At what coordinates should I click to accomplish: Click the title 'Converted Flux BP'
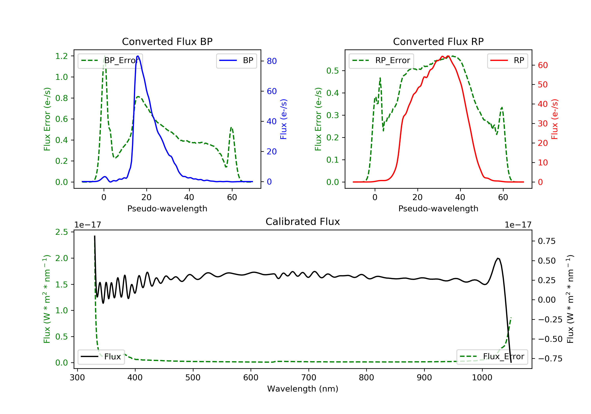pyautogui.click(x=167, y=41)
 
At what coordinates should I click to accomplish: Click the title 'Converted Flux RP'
pyautogui.click(x=438, y=41)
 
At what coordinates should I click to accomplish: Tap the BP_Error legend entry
pyautogui.click(x=110, y=61)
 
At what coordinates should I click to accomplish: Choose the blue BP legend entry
pyautogui.click(x=236, y=61)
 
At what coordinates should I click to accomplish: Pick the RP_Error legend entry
pyautogui.click(x=381, y=61)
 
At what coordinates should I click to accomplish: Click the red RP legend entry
pyautogui.click(x=507, y=61)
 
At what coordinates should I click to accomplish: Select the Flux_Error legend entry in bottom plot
pyautogui.click(x=492, y=357)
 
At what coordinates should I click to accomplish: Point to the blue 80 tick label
pyautogui.click(x=271, y=61)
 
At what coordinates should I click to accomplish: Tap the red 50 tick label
pyautogui.click(x=543, y=85)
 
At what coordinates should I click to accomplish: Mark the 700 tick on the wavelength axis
pyautogui.click(x=309, y=378)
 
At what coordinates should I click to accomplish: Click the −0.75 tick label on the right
pyautogui.click(x=550, y=359)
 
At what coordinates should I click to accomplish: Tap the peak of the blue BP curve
pyautogui.click(x=138, y=56)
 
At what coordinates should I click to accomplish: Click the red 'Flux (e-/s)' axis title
pyautogui.click(x=554, y=119)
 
